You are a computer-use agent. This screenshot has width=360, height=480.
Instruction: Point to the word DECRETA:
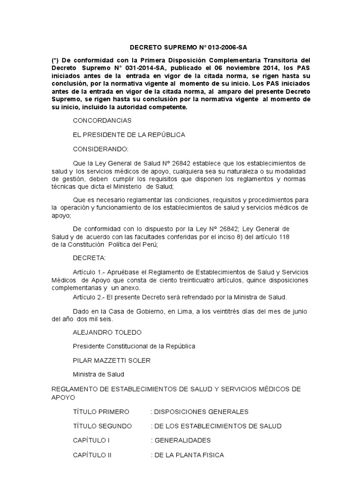click(90, 258)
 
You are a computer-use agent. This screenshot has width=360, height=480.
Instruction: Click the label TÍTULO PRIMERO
click(101, 412)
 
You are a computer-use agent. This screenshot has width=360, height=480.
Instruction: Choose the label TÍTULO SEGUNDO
click(103, 426)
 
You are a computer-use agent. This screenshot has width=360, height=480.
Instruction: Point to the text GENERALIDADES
click(182, 440)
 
